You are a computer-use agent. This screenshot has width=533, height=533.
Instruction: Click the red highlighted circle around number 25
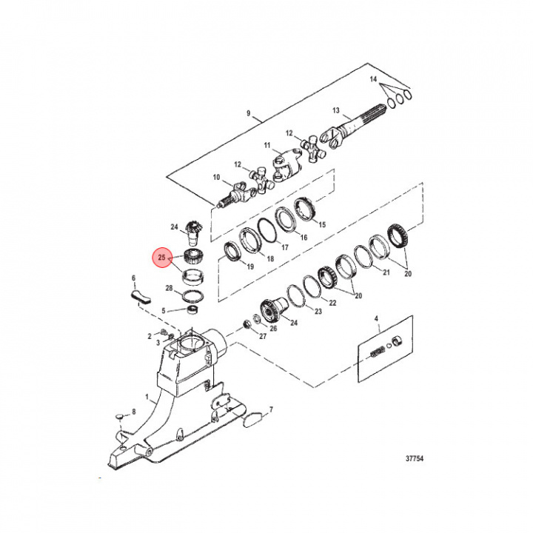coord(161,258)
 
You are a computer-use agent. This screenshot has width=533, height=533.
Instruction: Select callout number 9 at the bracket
coord(249,115)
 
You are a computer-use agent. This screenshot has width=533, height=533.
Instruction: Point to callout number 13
coord(336,111)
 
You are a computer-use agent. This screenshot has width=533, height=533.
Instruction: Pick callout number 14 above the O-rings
coord(374,78)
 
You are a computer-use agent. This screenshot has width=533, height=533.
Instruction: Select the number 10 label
coord(217,178)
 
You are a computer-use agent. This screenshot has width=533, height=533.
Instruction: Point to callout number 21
coord(385,272)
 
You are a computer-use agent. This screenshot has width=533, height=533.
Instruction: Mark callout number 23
coord(318,312)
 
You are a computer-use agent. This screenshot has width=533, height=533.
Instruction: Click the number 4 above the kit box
coord(376,321)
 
